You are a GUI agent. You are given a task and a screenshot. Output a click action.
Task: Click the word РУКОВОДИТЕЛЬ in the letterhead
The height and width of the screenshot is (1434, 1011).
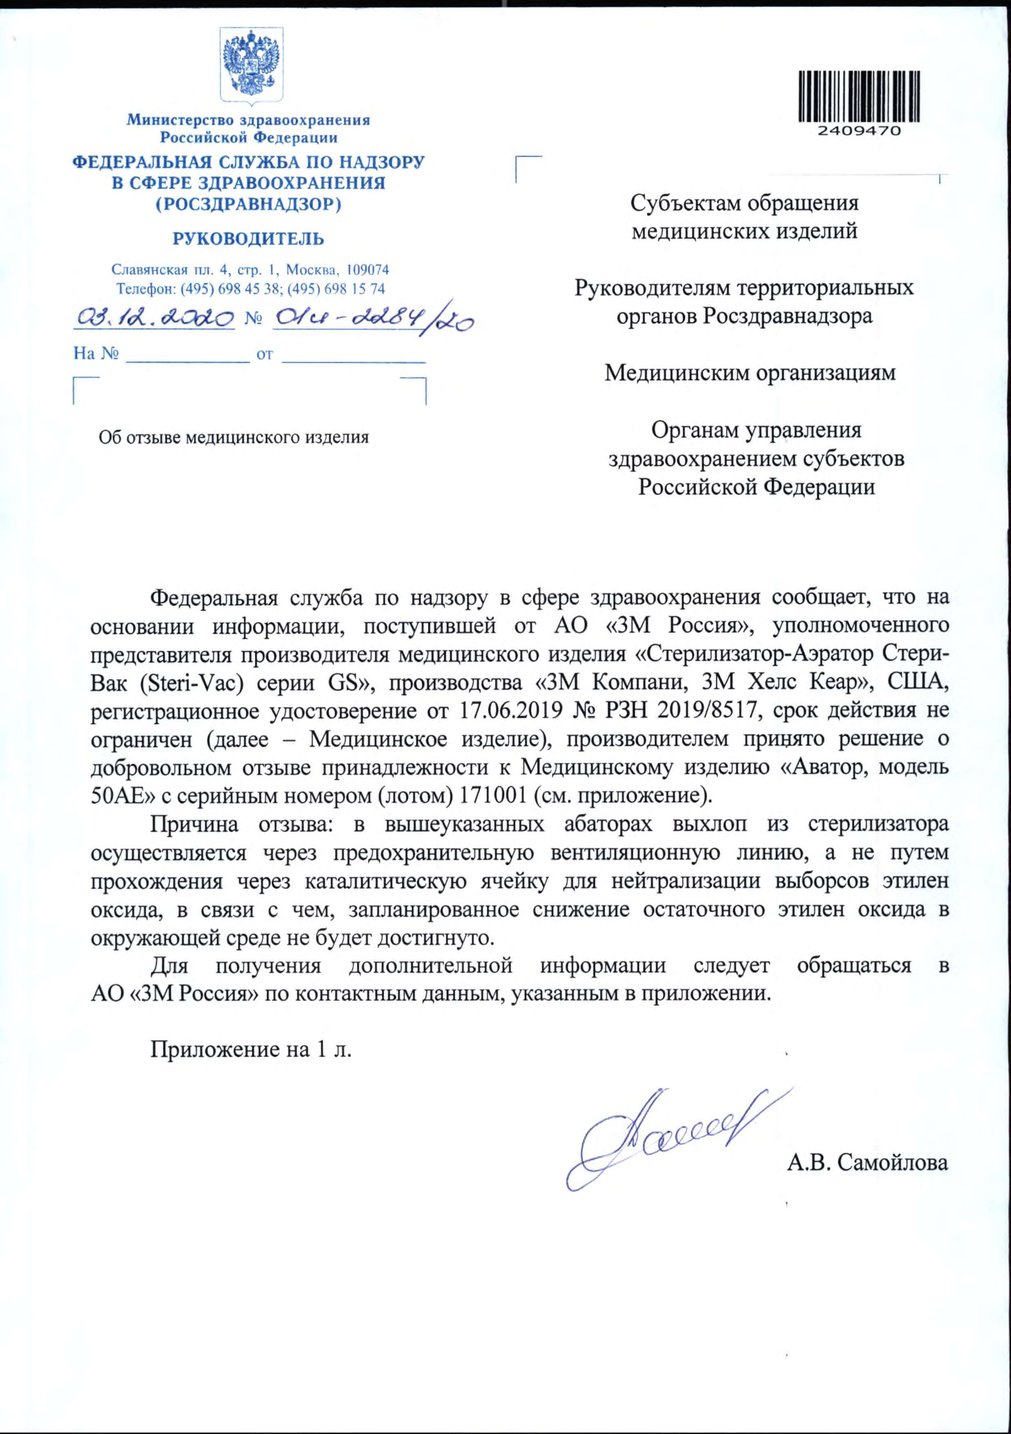248,238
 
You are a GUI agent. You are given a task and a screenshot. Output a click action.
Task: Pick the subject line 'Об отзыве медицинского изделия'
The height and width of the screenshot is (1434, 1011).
234,437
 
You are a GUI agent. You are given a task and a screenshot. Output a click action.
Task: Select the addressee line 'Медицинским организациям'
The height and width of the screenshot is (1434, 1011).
750,373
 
